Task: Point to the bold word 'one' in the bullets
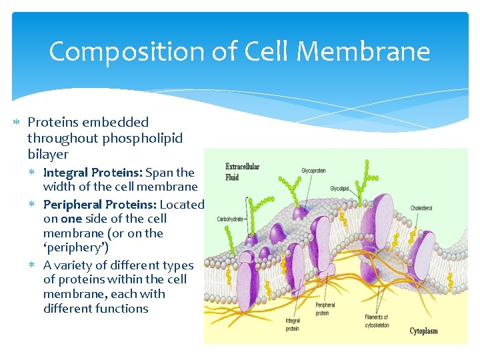pyautogui.click(x=71, y=219)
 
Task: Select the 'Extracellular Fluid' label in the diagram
pyautogui.click(x=242, y=172)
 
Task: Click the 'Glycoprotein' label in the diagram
pyautogui.click(x=313, y=171)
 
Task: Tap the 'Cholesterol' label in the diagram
pyautogui.click(x=421, y=208)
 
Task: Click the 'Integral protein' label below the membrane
pyautogui.click(x=293, y=325)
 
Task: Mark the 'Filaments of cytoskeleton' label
pyautogui.click(x=377, y=321)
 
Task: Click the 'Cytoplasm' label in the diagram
pyautogui.click(x=423, y=331)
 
